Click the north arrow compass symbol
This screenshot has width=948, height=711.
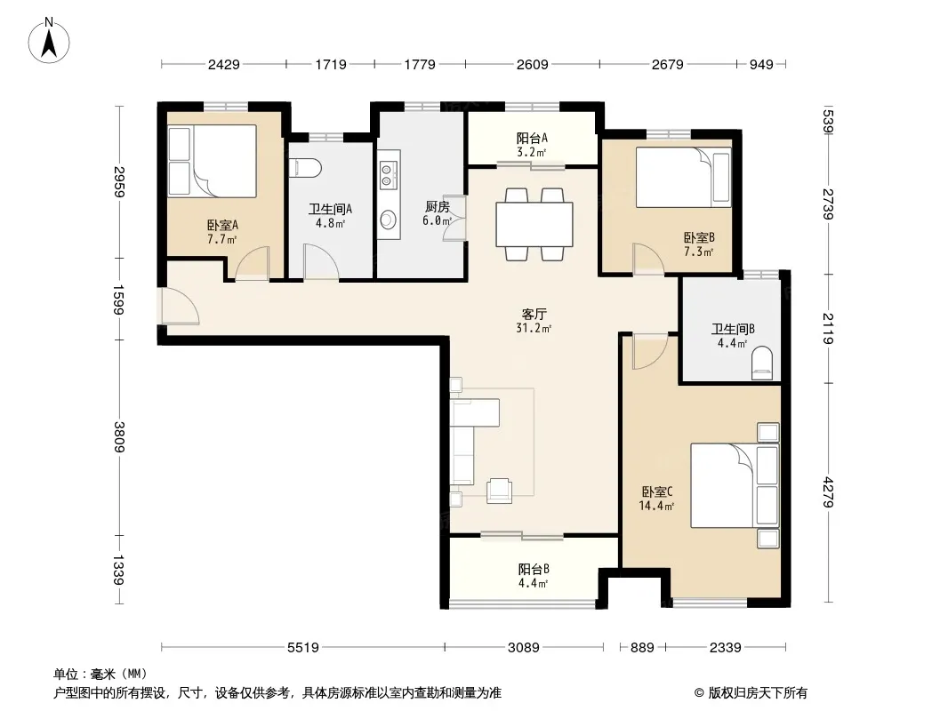point(51,39)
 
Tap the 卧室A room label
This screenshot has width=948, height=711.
point(222,232)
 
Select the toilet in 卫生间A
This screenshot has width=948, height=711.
point(303,168)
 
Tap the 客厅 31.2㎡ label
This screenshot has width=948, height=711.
point(534,321)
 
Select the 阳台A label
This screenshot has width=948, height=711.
point(532,144)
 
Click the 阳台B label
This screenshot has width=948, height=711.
point(534,576)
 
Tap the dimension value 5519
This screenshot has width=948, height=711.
point(303,648)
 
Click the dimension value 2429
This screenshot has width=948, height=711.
point(223,64)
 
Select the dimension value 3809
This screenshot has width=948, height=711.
point(119,436)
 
